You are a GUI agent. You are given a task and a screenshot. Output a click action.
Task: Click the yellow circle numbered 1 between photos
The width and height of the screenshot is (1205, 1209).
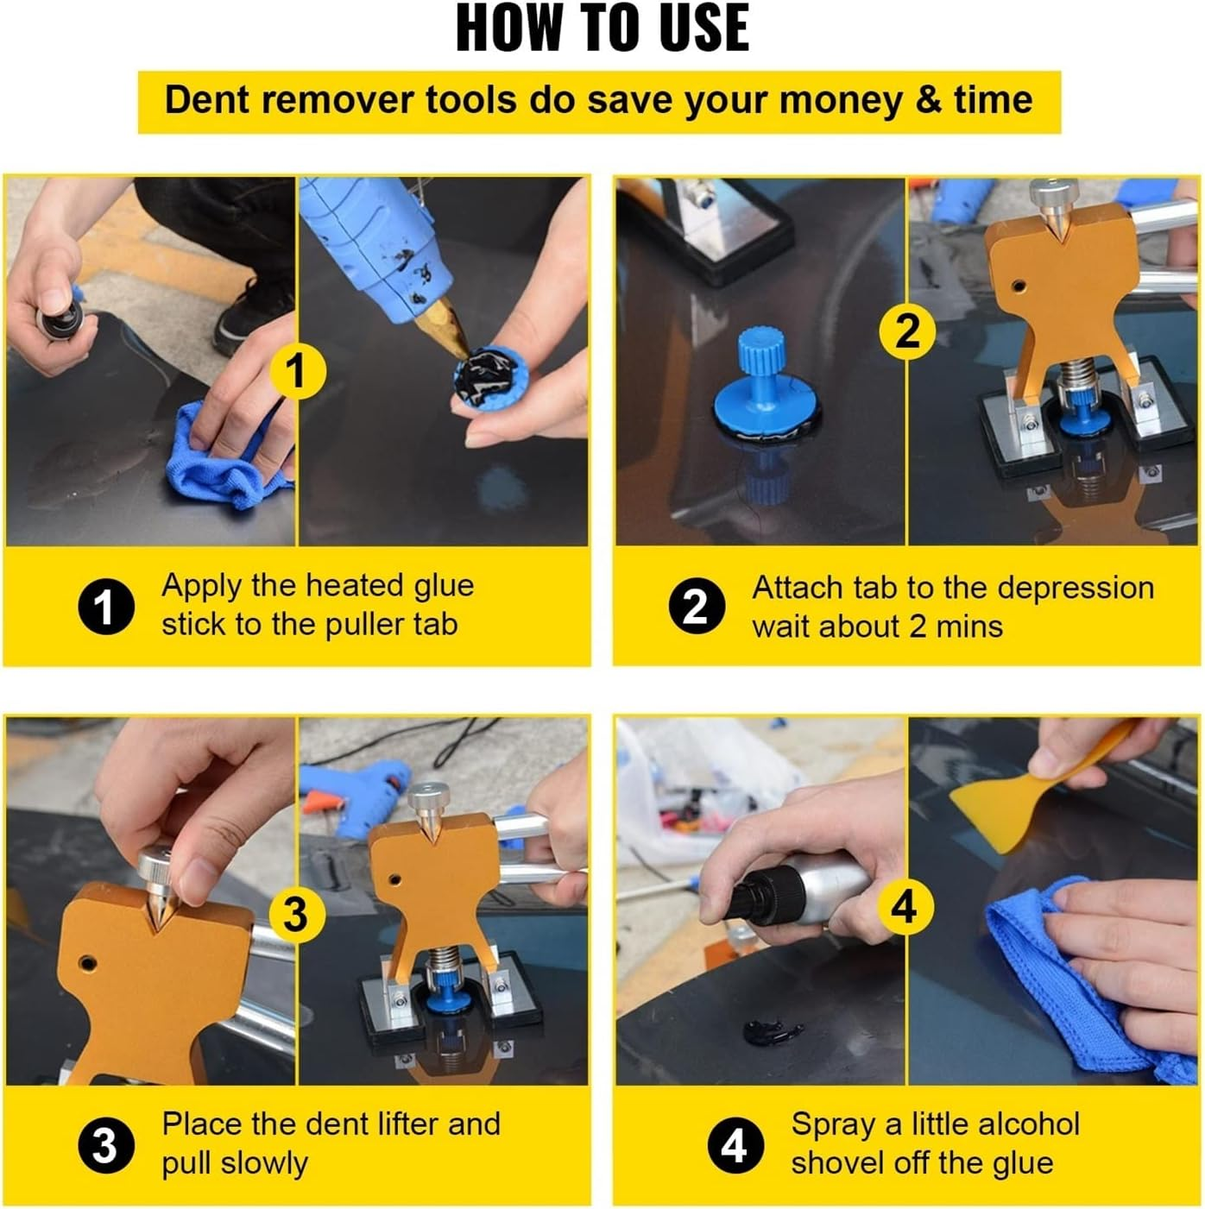(x=296, y=371)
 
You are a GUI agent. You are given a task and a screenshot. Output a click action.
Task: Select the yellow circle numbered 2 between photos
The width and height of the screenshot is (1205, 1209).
(x=907, y=331)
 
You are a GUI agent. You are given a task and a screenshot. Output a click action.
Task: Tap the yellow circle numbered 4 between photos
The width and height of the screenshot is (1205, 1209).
(x=904, y=907)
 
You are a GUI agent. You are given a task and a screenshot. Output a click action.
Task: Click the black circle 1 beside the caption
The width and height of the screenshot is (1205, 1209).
(x=106, y=607)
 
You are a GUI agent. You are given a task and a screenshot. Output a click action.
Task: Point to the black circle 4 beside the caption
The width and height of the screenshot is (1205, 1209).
(x=735, y=1147)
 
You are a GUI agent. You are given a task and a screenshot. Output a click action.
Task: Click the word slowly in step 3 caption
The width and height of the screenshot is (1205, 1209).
(x=264, y=1163)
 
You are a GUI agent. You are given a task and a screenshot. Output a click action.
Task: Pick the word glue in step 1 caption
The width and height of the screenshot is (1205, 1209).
(x=444, y=586)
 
